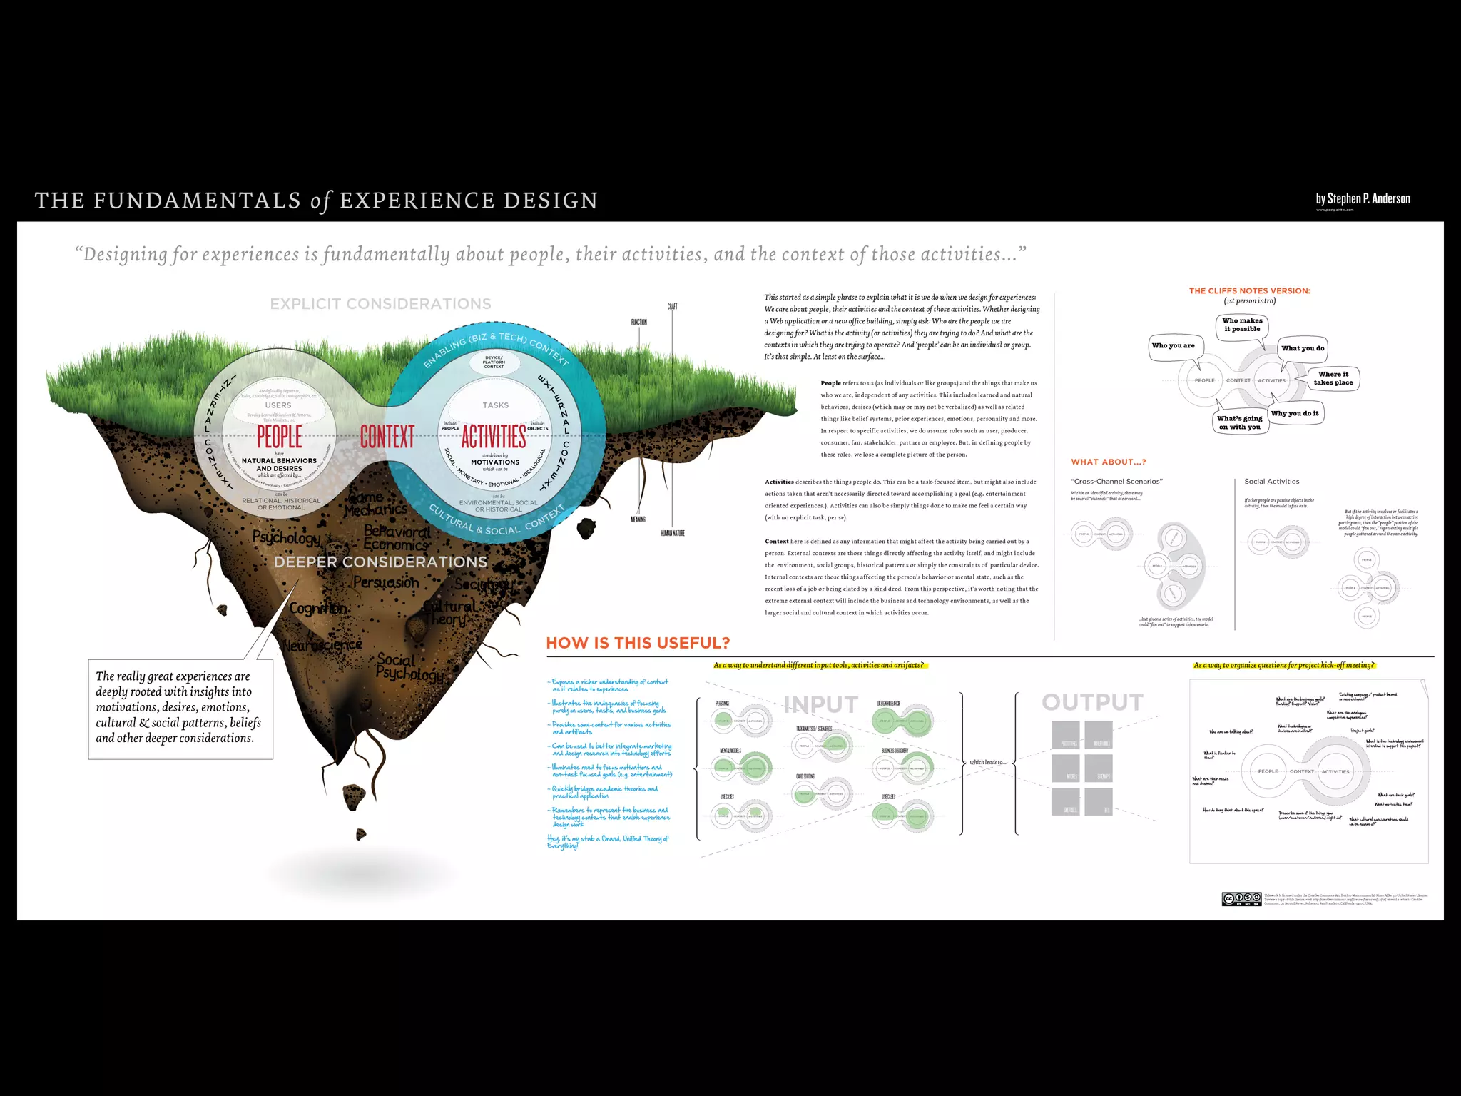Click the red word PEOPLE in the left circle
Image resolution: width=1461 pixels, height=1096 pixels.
tap(279, 436)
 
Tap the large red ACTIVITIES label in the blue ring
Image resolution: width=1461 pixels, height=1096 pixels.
tap(494, 436)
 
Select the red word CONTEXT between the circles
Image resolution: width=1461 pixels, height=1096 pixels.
tap(387, 436)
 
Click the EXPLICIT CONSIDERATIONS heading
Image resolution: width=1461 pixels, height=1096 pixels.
tap(380, 304)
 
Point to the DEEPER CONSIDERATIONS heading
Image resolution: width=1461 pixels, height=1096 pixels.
tap(380, 562)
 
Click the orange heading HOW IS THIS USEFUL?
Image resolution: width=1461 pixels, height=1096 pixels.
tap(638, 643)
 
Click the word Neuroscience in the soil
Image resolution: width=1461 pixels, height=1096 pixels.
tap(322, 645)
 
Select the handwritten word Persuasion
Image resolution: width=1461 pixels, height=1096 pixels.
tap(386, 582)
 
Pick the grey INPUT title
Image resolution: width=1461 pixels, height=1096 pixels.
tap(820, 704)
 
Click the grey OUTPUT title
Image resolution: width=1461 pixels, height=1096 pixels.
tap(1092, 702)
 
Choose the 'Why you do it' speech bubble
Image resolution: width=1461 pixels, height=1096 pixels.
tap(1294, 413)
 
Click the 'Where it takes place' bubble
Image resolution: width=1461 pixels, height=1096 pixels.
tap(1333, 378)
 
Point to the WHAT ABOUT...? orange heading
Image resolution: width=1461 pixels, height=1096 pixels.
tap(1108, 462)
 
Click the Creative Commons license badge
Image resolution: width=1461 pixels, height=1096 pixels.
tap(1241, 899)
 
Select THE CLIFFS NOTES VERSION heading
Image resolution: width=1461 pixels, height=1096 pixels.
tap(1249, 291)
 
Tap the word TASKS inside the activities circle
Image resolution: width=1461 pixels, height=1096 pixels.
tap(495, 405)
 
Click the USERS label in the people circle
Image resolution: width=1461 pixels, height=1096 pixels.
tap(278, 405)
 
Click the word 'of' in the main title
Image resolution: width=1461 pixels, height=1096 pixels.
tap(321, 201)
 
